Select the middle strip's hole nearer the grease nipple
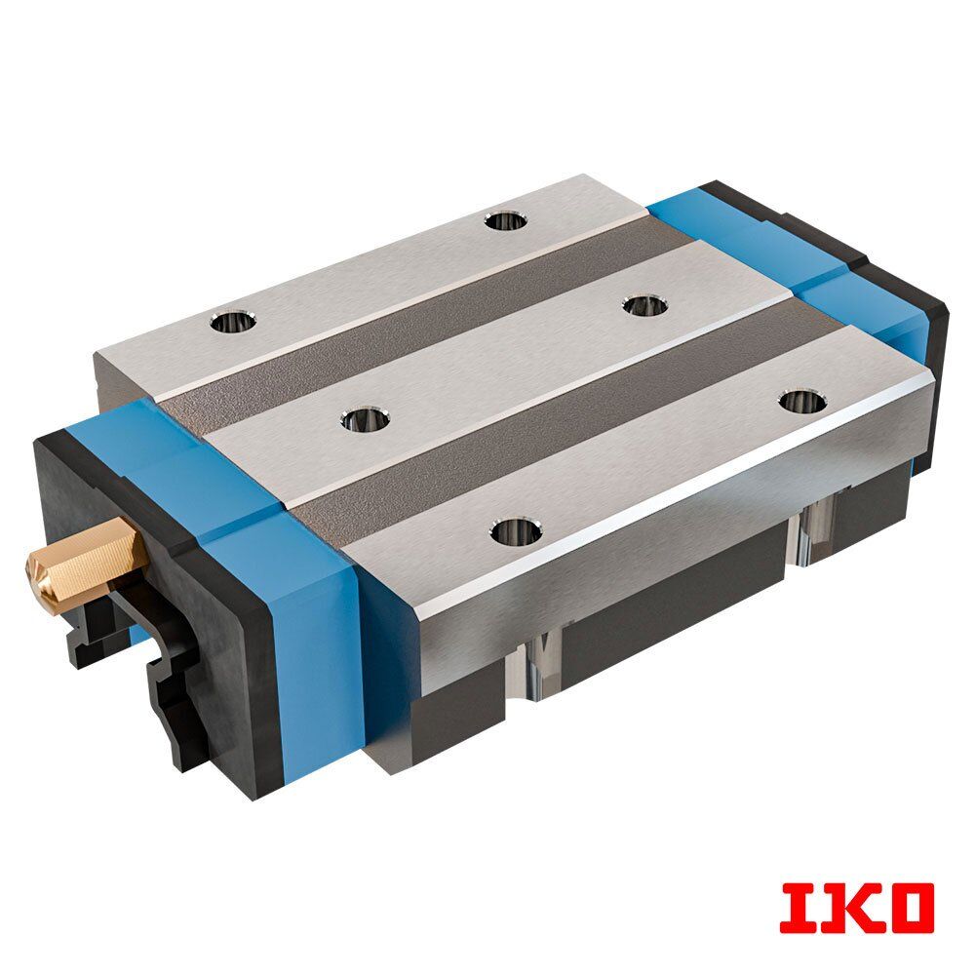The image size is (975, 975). click(365, 419)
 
